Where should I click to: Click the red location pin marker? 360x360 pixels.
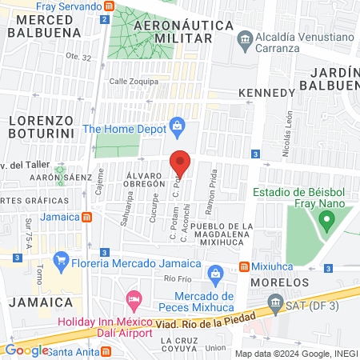181,163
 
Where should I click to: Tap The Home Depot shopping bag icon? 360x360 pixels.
178,126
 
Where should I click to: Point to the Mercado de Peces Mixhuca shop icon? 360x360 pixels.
214,274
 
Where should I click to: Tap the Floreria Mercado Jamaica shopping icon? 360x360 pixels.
59,260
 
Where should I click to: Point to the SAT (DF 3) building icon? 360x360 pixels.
275,302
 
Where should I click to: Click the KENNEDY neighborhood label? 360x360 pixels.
267,94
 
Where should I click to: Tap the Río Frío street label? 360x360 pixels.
174,278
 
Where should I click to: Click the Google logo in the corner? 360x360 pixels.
26,350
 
